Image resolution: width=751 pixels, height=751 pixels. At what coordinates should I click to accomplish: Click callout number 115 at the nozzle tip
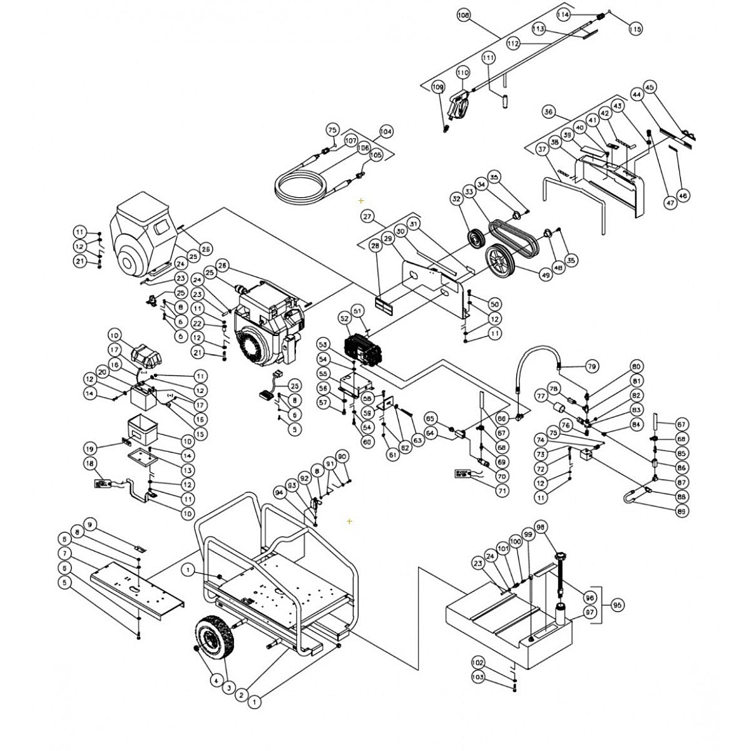635,28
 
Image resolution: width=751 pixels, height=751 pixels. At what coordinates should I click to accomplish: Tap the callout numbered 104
386,132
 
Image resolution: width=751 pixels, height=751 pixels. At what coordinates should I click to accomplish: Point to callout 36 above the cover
549,112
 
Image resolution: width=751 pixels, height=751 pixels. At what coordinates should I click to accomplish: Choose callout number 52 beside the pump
344,319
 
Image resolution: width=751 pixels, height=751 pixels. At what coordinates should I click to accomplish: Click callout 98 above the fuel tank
541,527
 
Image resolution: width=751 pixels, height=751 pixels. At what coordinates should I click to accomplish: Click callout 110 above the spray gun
462,73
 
